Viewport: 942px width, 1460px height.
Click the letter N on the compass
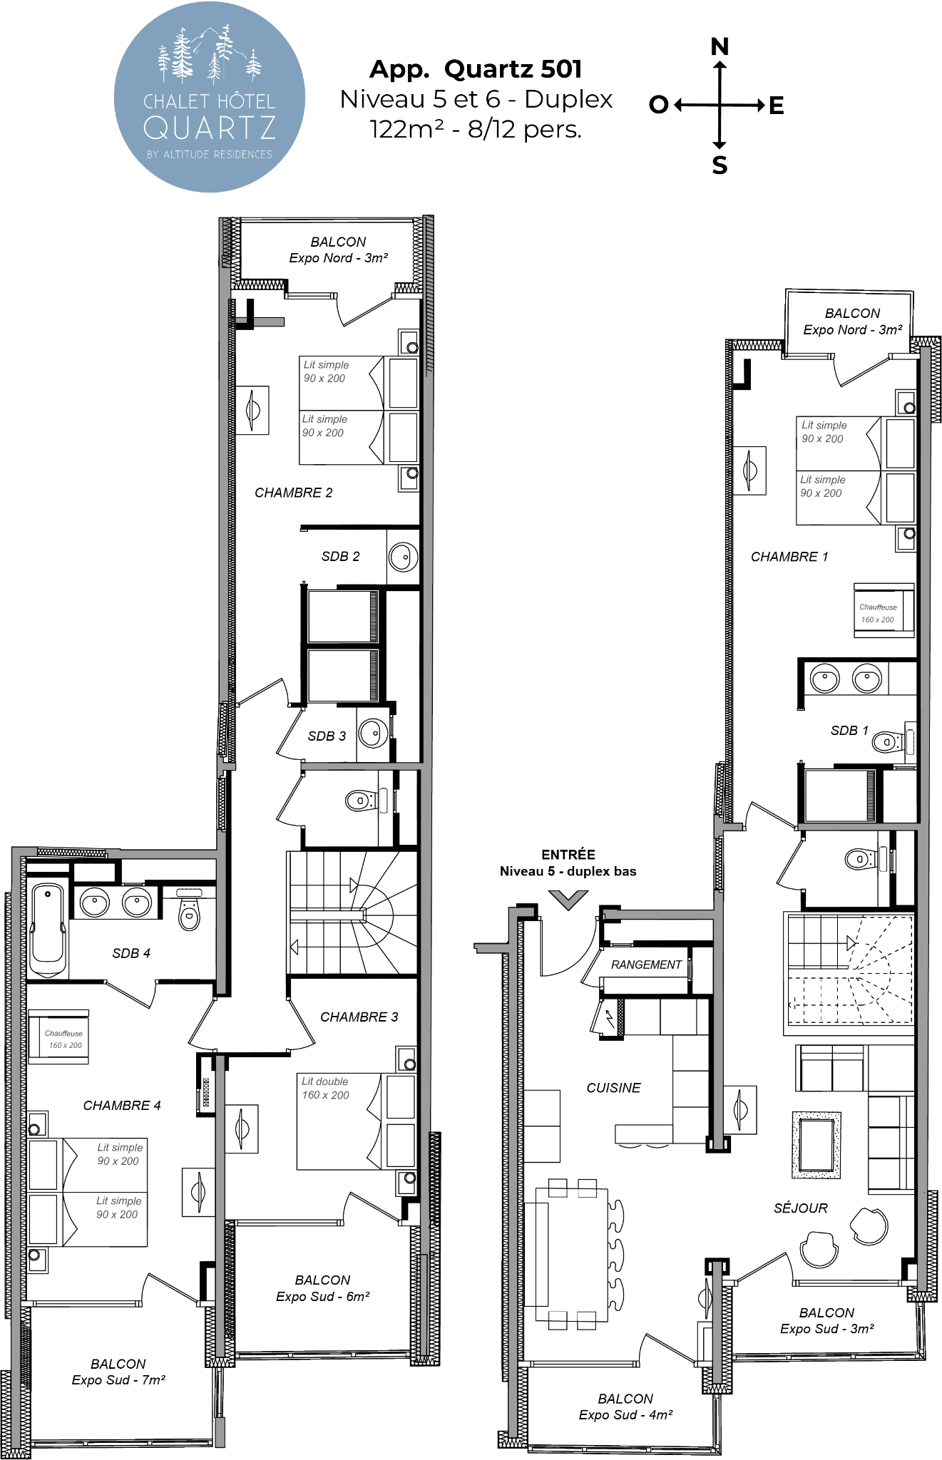point(720,47)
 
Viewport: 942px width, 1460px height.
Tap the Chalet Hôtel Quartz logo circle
point(210,97)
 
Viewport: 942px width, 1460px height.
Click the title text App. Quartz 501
point(476,68)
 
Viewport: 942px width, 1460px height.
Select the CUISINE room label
point(613,1088)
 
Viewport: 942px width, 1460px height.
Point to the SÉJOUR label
point(801,1208)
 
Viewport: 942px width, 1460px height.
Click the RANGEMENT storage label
point(646,965)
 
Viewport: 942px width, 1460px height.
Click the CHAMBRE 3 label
point(359,1017)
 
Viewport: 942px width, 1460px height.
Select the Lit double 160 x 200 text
point(325,1088)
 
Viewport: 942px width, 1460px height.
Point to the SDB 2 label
point(340,556)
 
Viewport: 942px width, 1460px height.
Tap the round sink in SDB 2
point(403,557)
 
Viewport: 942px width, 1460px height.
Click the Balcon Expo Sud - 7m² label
point(118,1372)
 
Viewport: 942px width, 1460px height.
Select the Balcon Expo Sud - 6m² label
point(322,1287)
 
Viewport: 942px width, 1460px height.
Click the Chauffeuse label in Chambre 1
point(878,607)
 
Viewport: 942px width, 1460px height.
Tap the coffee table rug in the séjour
point(816,1145)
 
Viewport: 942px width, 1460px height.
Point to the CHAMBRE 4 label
point(122,1105)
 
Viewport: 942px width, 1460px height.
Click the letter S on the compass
point(720,165)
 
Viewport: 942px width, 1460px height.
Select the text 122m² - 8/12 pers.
point(476,129)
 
